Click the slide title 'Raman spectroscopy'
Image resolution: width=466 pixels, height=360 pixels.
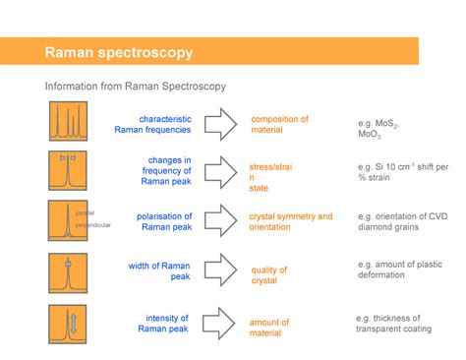[x=118, y=52]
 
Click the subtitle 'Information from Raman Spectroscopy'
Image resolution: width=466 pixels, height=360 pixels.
[x=136, y=87]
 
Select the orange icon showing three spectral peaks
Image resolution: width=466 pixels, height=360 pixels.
[x=68, y=121]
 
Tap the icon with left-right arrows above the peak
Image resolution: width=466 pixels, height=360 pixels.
[x=68, y=170]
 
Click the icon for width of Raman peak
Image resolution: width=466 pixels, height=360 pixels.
[x=68, y=270]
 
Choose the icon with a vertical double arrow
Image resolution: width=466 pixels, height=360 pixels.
[x=68, y=323]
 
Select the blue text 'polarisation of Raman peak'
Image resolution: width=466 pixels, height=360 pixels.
[x=164, y=221]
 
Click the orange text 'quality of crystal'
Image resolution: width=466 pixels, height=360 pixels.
[x=268, y=275]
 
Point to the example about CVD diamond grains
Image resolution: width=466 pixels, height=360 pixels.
[x=404, y=221]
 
